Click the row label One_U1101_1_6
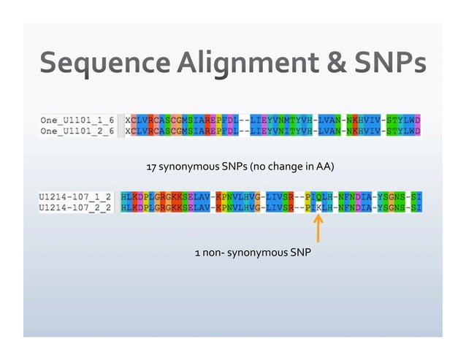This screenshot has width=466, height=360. pyautogui.click(x=77, y=119)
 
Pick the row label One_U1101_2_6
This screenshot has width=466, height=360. pyautogui.click(x=77, y=131)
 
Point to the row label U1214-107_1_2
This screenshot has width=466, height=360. pyautogui.click(x=73, y=196)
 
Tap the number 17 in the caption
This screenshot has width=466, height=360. pyautogui.click(x=152, y=168)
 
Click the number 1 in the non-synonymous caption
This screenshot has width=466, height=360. pyautogui.click(x=196, y=253)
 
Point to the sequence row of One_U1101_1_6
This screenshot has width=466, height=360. pyautogui.click(x=273, y=119)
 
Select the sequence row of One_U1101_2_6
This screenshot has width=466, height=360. pyautogui.click(x=273, y=131)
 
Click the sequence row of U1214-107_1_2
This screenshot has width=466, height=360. pyautogui.click(x=270, y=196)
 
